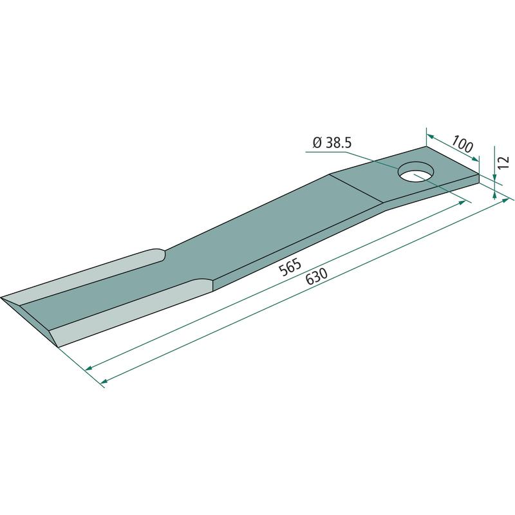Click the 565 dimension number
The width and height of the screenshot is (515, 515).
[x=290, y=267]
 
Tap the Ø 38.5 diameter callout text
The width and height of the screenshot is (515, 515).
[x=332, y=143]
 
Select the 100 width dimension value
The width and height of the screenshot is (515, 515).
[x=462, y=144]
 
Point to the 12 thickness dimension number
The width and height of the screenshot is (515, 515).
[x=503, y=163]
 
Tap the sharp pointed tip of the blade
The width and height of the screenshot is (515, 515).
[x=2, y=297]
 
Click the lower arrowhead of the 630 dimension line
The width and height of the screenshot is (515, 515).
[x=104, y=381]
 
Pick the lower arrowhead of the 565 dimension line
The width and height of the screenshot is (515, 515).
[x=89, y=368]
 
